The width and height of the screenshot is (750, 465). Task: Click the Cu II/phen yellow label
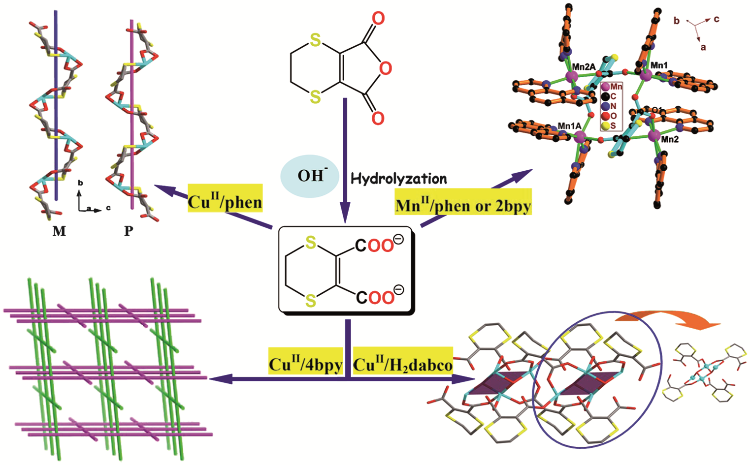tap(225, 198)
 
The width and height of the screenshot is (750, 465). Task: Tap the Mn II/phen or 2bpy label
tap(463, 201)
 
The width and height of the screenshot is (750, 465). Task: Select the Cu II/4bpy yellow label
tap(305, 361)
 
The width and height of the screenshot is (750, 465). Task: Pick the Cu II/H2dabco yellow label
tap(403, 361)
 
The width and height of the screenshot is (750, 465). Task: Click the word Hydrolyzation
tap(399, 179)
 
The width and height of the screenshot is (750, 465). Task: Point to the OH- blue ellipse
tap(310, 176)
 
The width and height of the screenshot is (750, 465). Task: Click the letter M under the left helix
tap(59, 231)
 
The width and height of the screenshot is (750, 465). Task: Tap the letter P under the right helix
tap(129, 231)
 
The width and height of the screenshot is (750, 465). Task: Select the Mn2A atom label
tap(584, 67)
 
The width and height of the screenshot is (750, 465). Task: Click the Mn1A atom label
tap(569, 126)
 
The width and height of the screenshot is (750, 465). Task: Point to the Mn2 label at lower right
tap(670, 140)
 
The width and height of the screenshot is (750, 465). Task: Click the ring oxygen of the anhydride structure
tap(386, 68)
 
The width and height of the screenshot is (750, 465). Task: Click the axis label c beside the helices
tap(108, 208)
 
